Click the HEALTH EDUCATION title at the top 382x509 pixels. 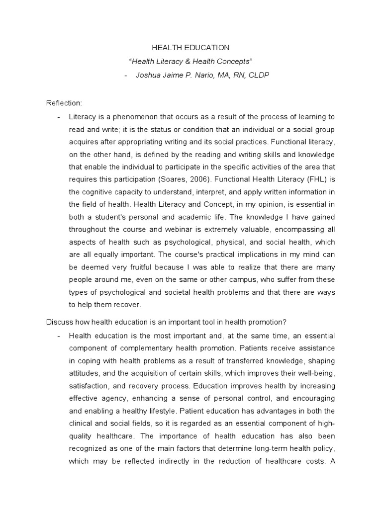tap(191, 48)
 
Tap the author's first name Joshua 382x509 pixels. tap(147, 75)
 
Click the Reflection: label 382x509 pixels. tap(64, 103)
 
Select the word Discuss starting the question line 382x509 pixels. tap(59, 321)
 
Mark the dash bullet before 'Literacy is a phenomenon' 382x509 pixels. tap(59, 116)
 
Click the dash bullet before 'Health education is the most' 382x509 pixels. tap(59, 335)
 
